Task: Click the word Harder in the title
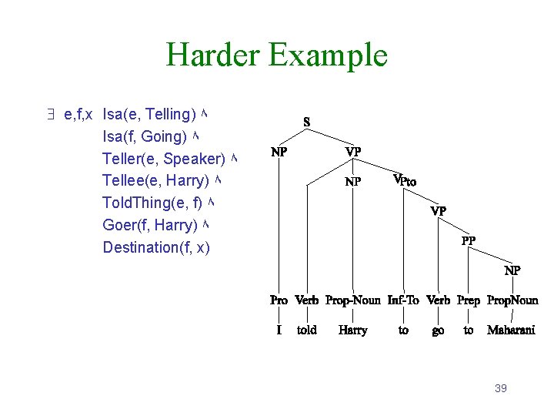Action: pos(213,55)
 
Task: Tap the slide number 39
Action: pos(500,388)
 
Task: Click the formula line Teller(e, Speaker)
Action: pos(163,159)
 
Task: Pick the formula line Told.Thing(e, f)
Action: pos(152,203)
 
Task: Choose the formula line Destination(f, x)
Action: pos(155,247)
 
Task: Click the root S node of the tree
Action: pos(306,122)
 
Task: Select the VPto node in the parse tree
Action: pos(404,180)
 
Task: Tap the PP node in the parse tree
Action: pos(468,240)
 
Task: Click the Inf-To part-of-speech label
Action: pos(402,300)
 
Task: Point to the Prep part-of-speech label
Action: pos(468,300)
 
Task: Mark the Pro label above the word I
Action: pos(279,300)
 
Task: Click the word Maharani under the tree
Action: pos(511,330)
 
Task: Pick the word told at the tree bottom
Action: pos(306,330)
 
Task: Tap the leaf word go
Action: pos(438,330)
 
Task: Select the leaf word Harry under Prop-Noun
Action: pos(352,330)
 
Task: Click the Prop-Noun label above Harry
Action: pos(352,300)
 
